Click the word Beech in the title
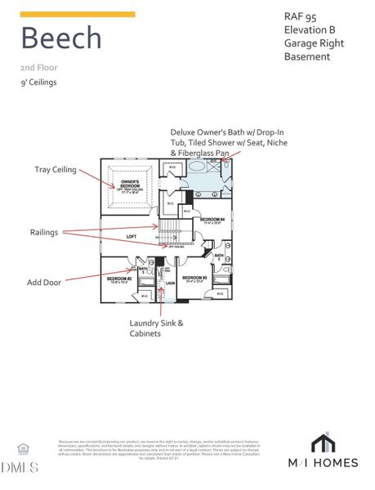tap(61, 38)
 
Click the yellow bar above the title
tap(78, 14)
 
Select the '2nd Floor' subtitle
tap(38, 68)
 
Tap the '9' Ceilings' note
tap(40, 82)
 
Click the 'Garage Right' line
tap(313, 43)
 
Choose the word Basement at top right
tap(306, 56)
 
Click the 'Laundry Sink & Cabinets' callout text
tap(156, 328)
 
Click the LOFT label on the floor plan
tap(131, 237)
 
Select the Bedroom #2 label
tap(119, 278)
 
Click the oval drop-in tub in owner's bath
tap(199, 166)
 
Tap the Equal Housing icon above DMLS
tap(22, 448)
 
